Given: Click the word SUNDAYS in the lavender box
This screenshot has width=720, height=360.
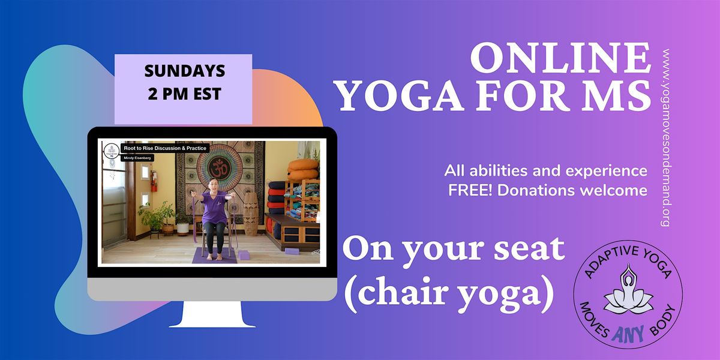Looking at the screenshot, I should [184, 71].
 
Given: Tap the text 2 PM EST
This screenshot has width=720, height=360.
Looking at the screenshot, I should [184, 94].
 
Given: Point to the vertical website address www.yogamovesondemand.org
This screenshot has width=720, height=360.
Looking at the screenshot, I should [665, 138].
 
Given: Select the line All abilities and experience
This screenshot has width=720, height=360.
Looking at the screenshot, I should [545, 171].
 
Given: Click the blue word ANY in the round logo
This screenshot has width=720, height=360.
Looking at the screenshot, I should [628, 332].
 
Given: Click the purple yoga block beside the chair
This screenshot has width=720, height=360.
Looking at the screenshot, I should [244, 255].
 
